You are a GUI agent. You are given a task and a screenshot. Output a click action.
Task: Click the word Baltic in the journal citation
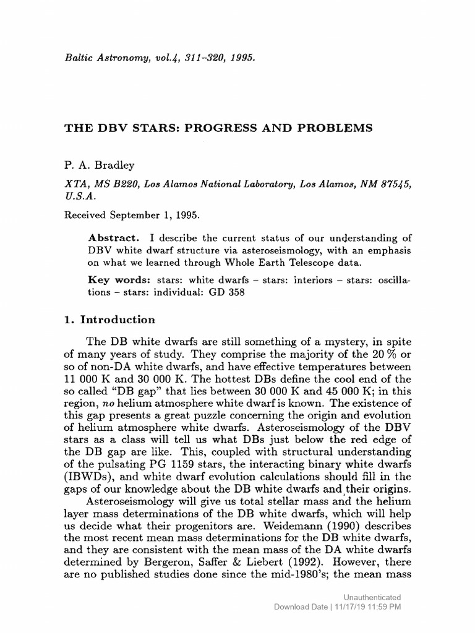coord(80,58)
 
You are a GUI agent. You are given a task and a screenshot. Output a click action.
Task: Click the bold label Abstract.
coord(108,238)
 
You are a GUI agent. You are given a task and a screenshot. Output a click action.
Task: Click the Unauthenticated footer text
coord(372,597)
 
